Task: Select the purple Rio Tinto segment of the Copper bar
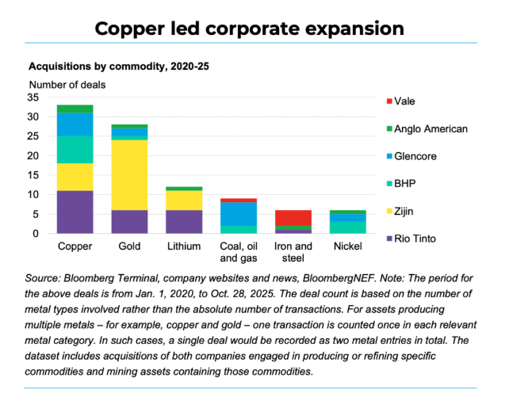click(x=75, y=212)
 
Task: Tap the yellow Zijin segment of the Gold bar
click(x=129, y=174)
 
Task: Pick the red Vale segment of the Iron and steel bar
click(x=293, y=218)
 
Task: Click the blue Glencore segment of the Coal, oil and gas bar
click(x=239, y=213)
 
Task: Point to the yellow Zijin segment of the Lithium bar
click(x=184, y=200)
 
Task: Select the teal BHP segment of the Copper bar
click(x=75, y=149)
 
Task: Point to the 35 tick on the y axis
click(x=33, y=97)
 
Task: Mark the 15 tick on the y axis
click(x=33, y=175)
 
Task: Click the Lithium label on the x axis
click(x=184, y=246)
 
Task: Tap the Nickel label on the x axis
click(x=348, y=246)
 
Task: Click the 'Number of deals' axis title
click(x=67, y=84)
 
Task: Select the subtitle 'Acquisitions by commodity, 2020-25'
click(x=119, y=67)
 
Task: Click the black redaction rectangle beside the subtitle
click(x=252, y=62)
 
